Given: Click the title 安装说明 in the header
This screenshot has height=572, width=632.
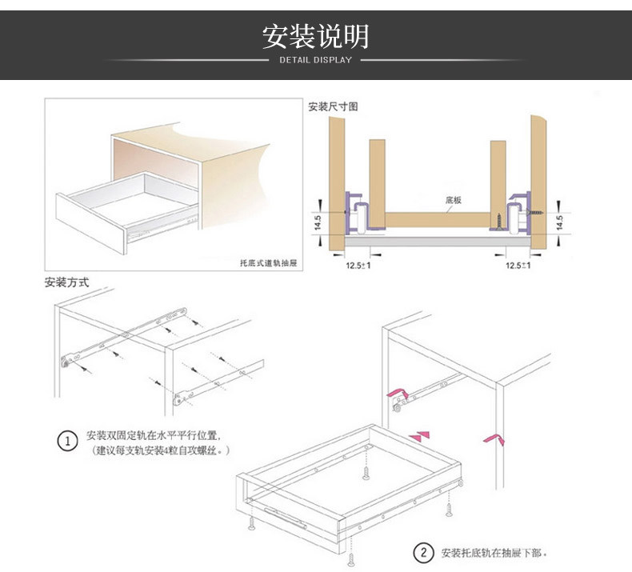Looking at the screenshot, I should coord(315,37).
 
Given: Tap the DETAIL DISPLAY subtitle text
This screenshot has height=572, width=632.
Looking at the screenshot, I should coord(315,60).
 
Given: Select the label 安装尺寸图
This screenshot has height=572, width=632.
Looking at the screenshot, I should coord(333,106).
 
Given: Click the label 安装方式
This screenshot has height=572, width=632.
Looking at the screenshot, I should coord(66,282).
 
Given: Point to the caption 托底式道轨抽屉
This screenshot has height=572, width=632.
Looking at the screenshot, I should coord(268,262).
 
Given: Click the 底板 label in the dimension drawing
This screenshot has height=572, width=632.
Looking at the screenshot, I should coord(454,201).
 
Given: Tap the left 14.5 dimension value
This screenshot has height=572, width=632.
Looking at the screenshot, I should coord(318,222).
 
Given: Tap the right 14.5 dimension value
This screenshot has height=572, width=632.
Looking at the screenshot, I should coord(559,222).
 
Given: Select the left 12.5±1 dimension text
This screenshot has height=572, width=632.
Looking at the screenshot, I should coord(358,264).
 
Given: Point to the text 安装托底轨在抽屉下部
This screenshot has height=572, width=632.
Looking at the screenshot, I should coord(494,553).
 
